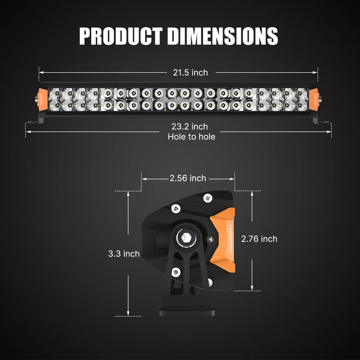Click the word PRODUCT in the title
point(121,35)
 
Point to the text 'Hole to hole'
point(191,137)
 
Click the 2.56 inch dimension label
point(188,178)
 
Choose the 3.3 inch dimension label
point(124,254)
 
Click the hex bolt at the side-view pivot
point(184,238)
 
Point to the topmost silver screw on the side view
point(207,198)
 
